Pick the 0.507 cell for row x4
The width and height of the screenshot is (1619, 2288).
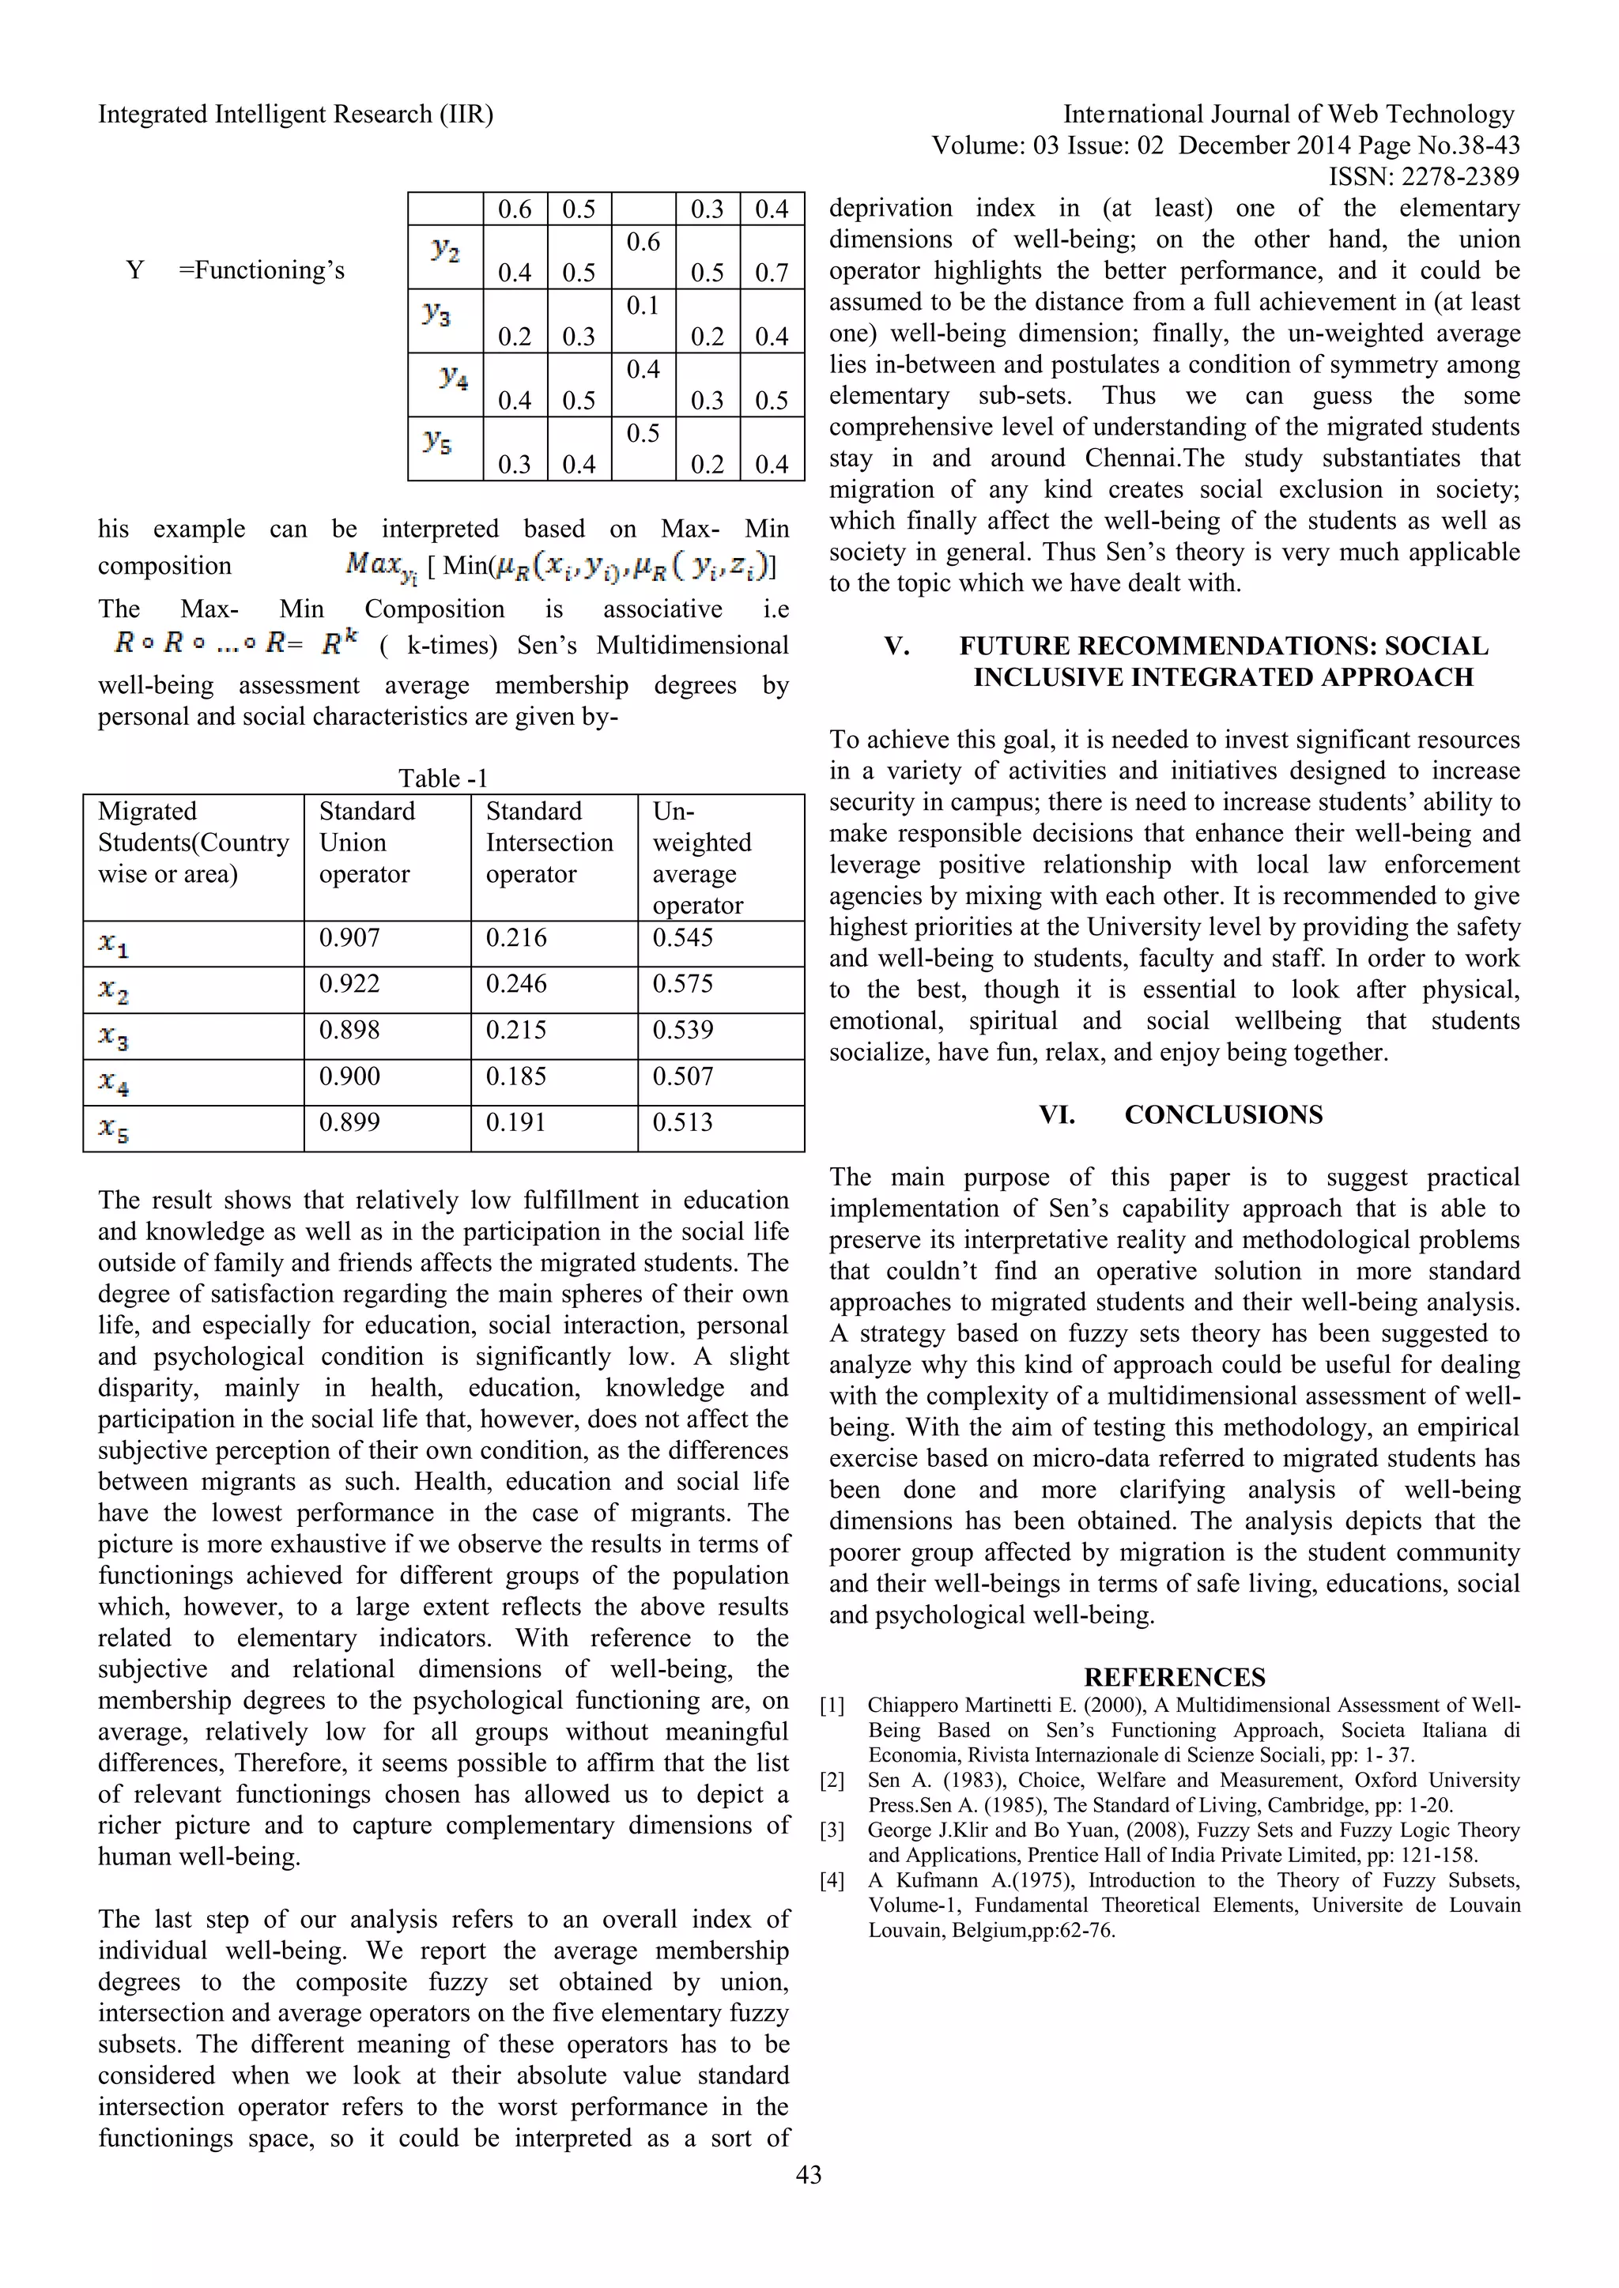pos(683,1076)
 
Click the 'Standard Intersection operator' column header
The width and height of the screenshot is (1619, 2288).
pos(549,842)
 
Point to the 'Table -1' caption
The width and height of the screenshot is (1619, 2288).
pos(443,778)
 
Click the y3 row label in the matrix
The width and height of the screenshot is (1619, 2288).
pos(436,314)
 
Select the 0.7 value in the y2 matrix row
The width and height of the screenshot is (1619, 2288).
pos(771,272)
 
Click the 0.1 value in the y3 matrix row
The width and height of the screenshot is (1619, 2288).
pos(643,306)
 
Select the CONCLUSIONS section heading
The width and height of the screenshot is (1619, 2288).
pos(1223,1114)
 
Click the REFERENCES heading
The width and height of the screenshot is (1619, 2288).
pos(1175,1677)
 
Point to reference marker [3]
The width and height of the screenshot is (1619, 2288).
pos(832,1830)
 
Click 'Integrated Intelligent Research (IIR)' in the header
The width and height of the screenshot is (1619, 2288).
pos(295,115)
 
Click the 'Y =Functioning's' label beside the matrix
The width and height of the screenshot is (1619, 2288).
pos(236,270)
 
